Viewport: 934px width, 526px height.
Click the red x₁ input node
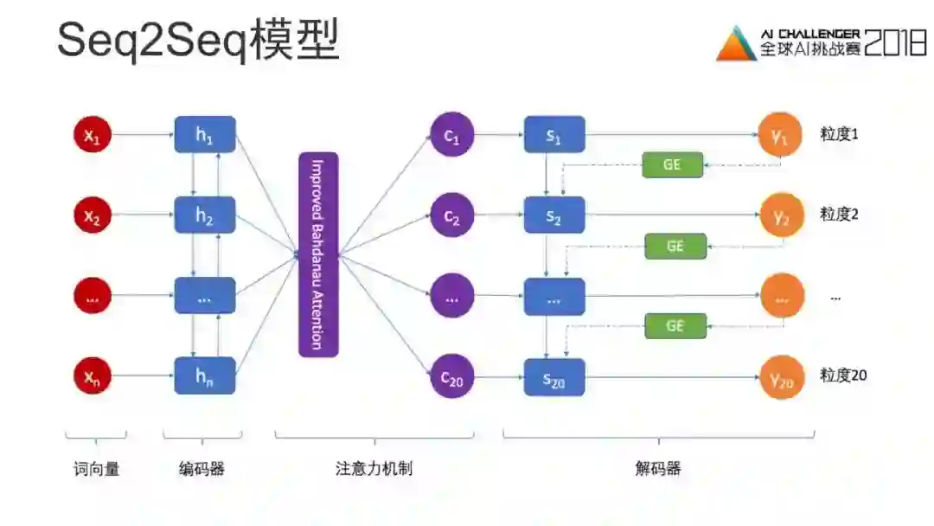(93, 135)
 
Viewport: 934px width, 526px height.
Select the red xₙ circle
(93, 376)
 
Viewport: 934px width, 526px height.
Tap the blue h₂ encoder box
(205, 215)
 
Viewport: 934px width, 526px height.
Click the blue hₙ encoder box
(205, 376)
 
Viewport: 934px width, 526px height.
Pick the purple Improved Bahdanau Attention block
(317, 254)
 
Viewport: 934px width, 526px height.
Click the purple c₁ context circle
(452, 135)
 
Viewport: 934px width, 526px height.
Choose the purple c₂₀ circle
(452, 376)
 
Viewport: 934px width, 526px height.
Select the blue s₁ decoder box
(554, 135)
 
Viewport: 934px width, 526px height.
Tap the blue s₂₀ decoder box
(554, 376)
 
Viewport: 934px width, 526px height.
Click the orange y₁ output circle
(782, 135)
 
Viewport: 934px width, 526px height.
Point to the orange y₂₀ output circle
(782, 376)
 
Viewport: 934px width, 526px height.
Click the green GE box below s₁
(672, 164)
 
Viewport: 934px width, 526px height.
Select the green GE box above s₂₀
(675, 325)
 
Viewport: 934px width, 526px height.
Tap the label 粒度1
(839, 134)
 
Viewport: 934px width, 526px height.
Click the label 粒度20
(843, 375)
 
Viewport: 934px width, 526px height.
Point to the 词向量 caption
(96, 469)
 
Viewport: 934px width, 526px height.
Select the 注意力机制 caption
(374, 469)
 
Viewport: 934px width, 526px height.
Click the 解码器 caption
(658, 469)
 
